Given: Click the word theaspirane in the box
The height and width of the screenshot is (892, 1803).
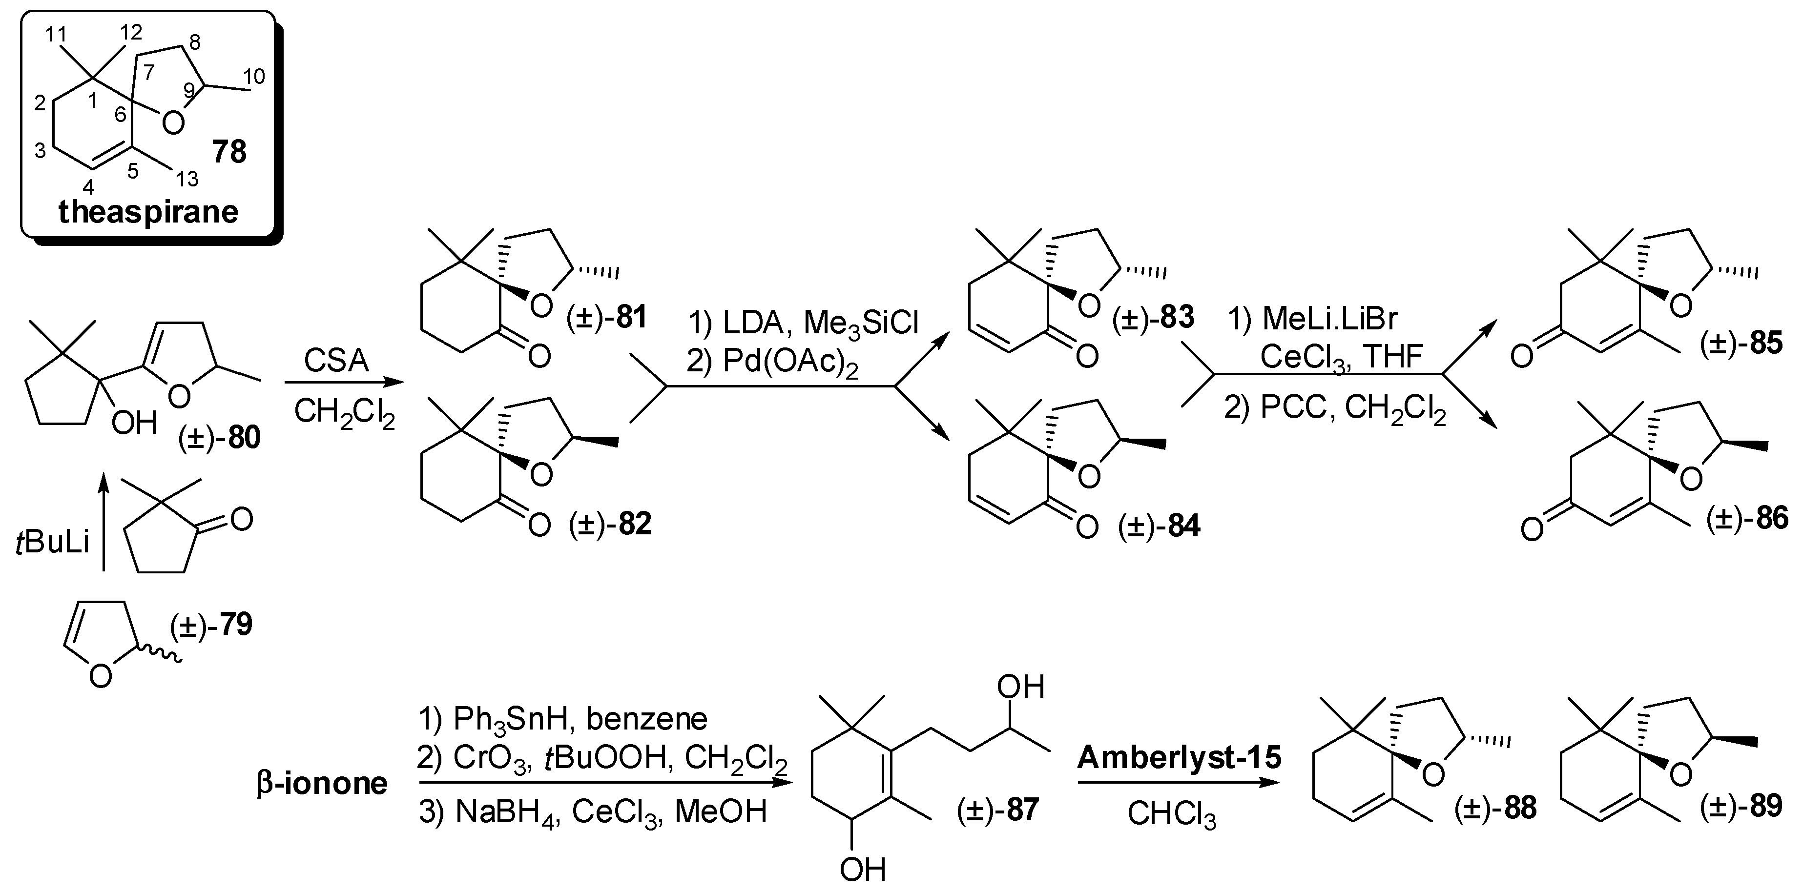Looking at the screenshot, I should click(x=148, y=211).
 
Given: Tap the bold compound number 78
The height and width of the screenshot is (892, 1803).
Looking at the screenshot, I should click(x=229, y=152).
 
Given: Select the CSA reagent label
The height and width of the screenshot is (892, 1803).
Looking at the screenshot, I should click(x=336, y=362).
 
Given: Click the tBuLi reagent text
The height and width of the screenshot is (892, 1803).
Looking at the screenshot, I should click(x=53, y=542).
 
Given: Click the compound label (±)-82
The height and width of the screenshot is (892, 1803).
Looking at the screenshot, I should click(x=610, y=524).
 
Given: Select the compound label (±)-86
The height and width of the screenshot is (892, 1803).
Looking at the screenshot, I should click(x=1747, y=518).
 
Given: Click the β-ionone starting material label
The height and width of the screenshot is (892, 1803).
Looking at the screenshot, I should click(x=322, y=783).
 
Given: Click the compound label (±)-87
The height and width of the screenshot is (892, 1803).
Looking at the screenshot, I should click(x=997, y=810).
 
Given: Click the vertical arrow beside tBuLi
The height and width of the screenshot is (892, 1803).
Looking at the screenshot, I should click(x=104, y=521).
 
